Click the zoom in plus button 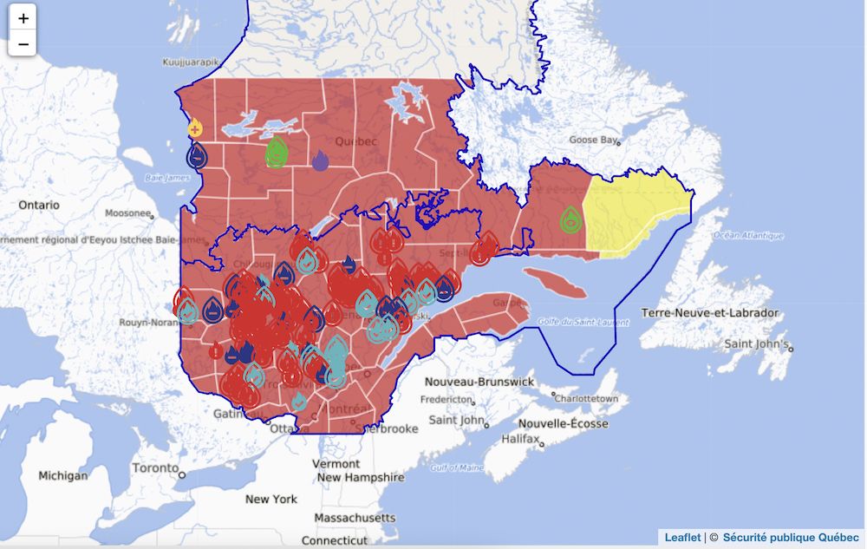pos(23,17)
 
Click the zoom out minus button pos(23,42)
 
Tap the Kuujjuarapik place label pos(192,62)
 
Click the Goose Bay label pos(593,140)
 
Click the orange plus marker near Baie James pos(195,129)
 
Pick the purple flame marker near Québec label pos(320,160)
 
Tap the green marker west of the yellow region pos(570,219)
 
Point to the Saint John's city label pos(756,343)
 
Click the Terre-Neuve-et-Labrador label pos(709,312)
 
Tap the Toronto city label pos(155,468)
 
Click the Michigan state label pos(62,476)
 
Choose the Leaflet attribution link pos(682,538)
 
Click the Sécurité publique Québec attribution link pos(791,538)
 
